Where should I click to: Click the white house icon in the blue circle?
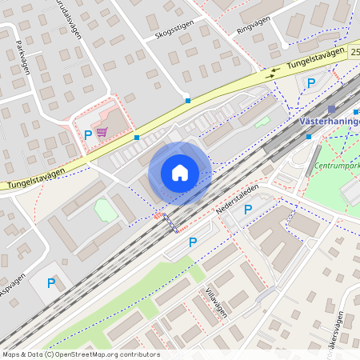tap(180, 173)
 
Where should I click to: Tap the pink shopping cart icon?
tap(102, 132)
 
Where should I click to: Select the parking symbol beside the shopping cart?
tap(88, 135)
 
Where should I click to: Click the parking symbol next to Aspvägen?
tap(51, 282)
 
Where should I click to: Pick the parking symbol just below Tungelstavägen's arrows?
tap(312, 83)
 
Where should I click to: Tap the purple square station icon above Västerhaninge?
tap(331, 110)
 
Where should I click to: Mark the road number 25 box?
tap(354, 50)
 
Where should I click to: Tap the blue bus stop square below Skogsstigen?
tap(187, 101)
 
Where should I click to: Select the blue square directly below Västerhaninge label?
tap(309, 137)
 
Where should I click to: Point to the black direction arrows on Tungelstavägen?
tap(274, 70)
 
